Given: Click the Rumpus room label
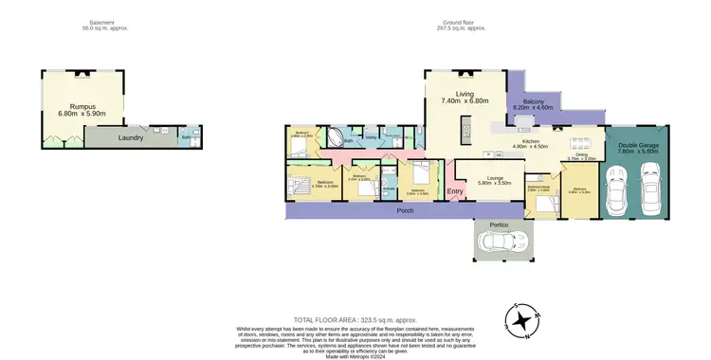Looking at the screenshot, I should click(x=83, y=108).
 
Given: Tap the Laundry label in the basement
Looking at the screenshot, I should click(x=130, y=137).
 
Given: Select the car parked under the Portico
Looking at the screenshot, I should click(x=501, y=244).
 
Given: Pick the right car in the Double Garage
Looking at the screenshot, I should click(x=651, y=184).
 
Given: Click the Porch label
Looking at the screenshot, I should click(x=405, y=210).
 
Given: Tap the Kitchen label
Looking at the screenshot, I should click(x=503, y=141).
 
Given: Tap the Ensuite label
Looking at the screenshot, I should click(x=390, y=189).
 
